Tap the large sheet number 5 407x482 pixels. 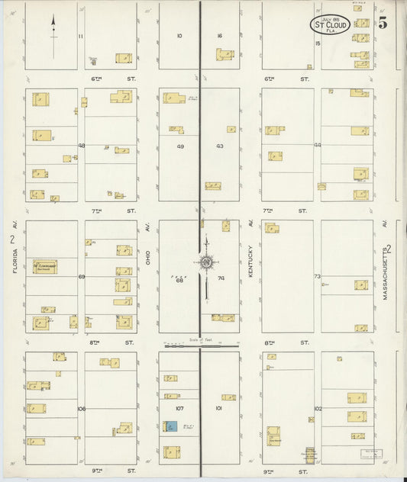pyautogui.click(x=382, y=22)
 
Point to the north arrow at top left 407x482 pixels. pyautogui.click(x=53, y=34)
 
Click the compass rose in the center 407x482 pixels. pyautogui.click(x=205, y=263)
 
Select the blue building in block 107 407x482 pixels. pyautogui.click(x=171, y=427)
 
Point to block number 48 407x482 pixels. pyautogui.click(x=81, y=145)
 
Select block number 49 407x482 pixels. pyautogui.click(x=180, y=146)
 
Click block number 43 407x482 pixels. pyautogui.click(x=220, y=146)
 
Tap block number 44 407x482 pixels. pyautogui.click(x=318, y=145)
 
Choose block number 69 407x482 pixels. pyautogui.click(x=81, y=277)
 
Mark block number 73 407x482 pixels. pyautogui.click(x=318, y=277)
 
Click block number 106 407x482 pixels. pyautogui.click(x=81, y=409)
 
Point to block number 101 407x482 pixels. pyautogui.click(x=218, y=409)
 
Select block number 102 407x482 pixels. pyautogui.click(x=318, y=409)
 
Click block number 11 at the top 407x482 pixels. pyautogui.click(x=81, y=36)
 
